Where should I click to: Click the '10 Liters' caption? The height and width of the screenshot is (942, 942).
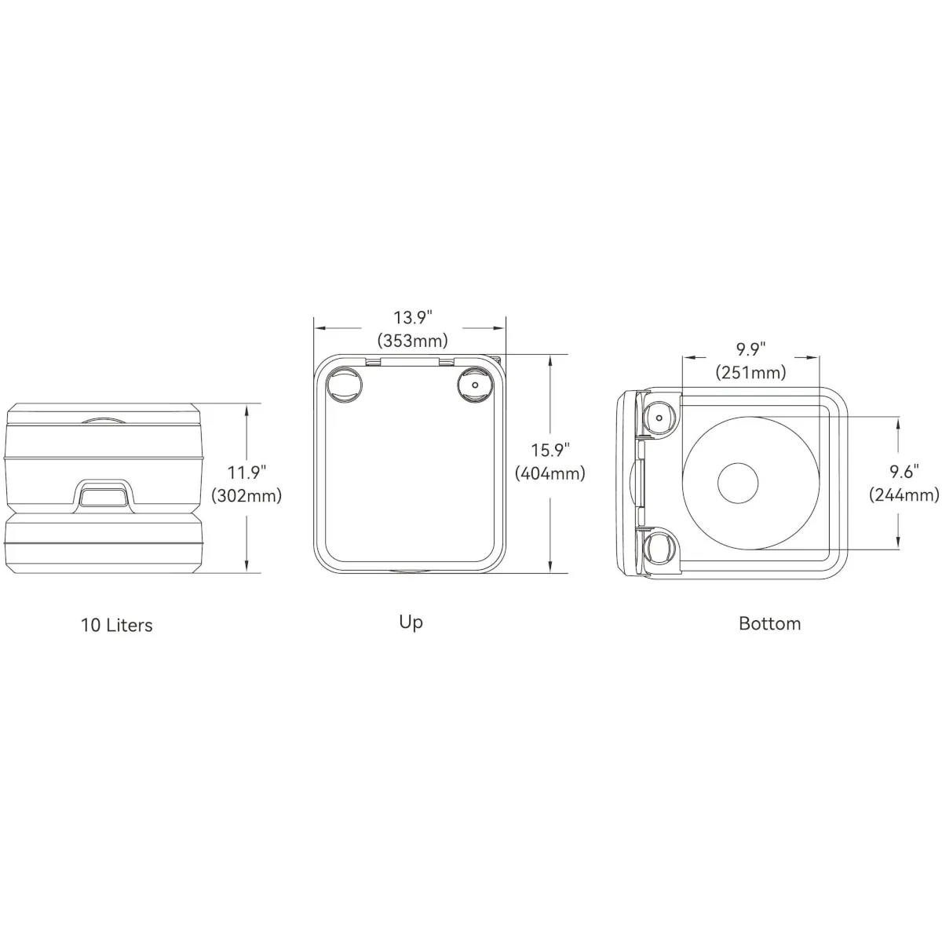coord(117,625)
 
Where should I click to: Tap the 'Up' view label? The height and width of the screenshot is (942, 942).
coord(411,623)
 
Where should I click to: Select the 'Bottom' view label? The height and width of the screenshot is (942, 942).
coord(769,624)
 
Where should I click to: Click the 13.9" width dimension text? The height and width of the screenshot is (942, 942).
coord(413,318)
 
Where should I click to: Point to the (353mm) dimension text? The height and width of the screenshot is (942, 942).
coord(413,341)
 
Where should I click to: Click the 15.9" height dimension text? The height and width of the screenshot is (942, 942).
coord(550,451)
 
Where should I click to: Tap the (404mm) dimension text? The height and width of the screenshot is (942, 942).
coord(550,473)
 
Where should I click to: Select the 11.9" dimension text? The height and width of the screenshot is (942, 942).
coord(246,473)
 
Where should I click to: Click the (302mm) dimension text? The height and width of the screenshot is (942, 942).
coord(246,495)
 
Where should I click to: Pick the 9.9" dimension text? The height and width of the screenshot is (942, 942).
coord(751,349)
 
